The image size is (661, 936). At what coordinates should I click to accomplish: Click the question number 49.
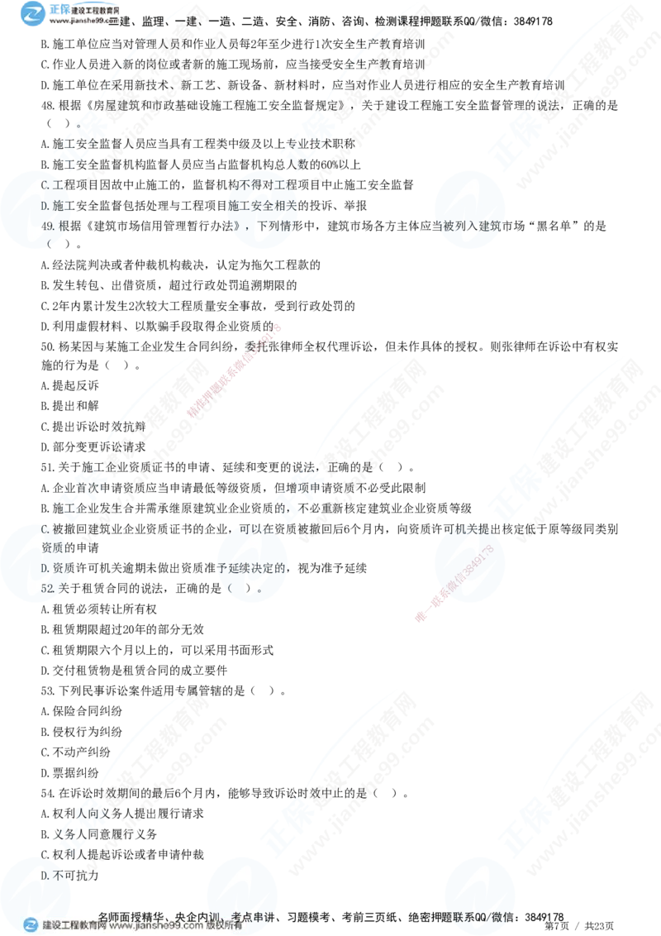(47, 223)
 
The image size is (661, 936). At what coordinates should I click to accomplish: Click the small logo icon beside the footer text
(31, 925)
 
